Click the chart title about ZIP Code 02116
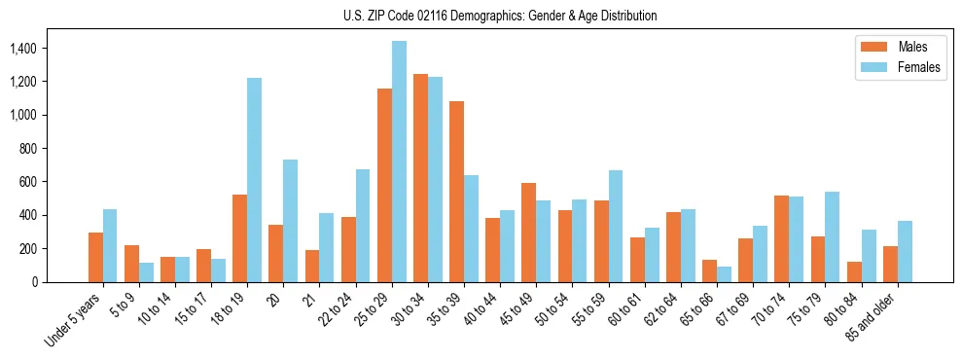500,16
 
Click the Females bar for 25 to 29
399,162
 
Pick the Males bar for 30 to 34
420,178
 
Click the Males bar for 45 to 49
528,233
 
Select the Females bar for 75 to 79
832,236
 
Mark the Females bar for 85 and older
905,251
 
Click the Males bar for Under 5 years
95,257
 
